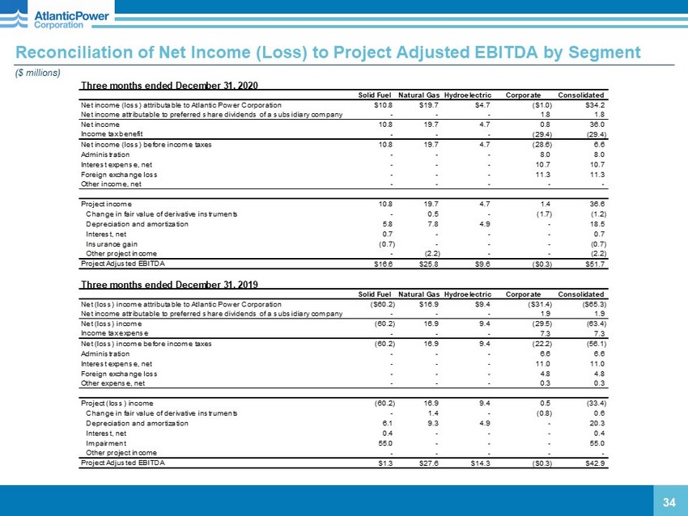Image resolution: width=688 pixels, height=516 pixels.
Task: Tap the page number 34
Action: pyautogui.click(x=669, y=503)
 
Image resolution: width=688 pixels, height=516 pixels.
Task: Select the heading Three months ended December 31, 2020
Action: pyautogui.click(x=169, y=84)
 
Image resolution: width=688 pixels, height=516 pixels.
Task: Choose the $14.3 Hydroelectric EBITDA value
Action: pyautogui.click(x=484, y=463)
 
